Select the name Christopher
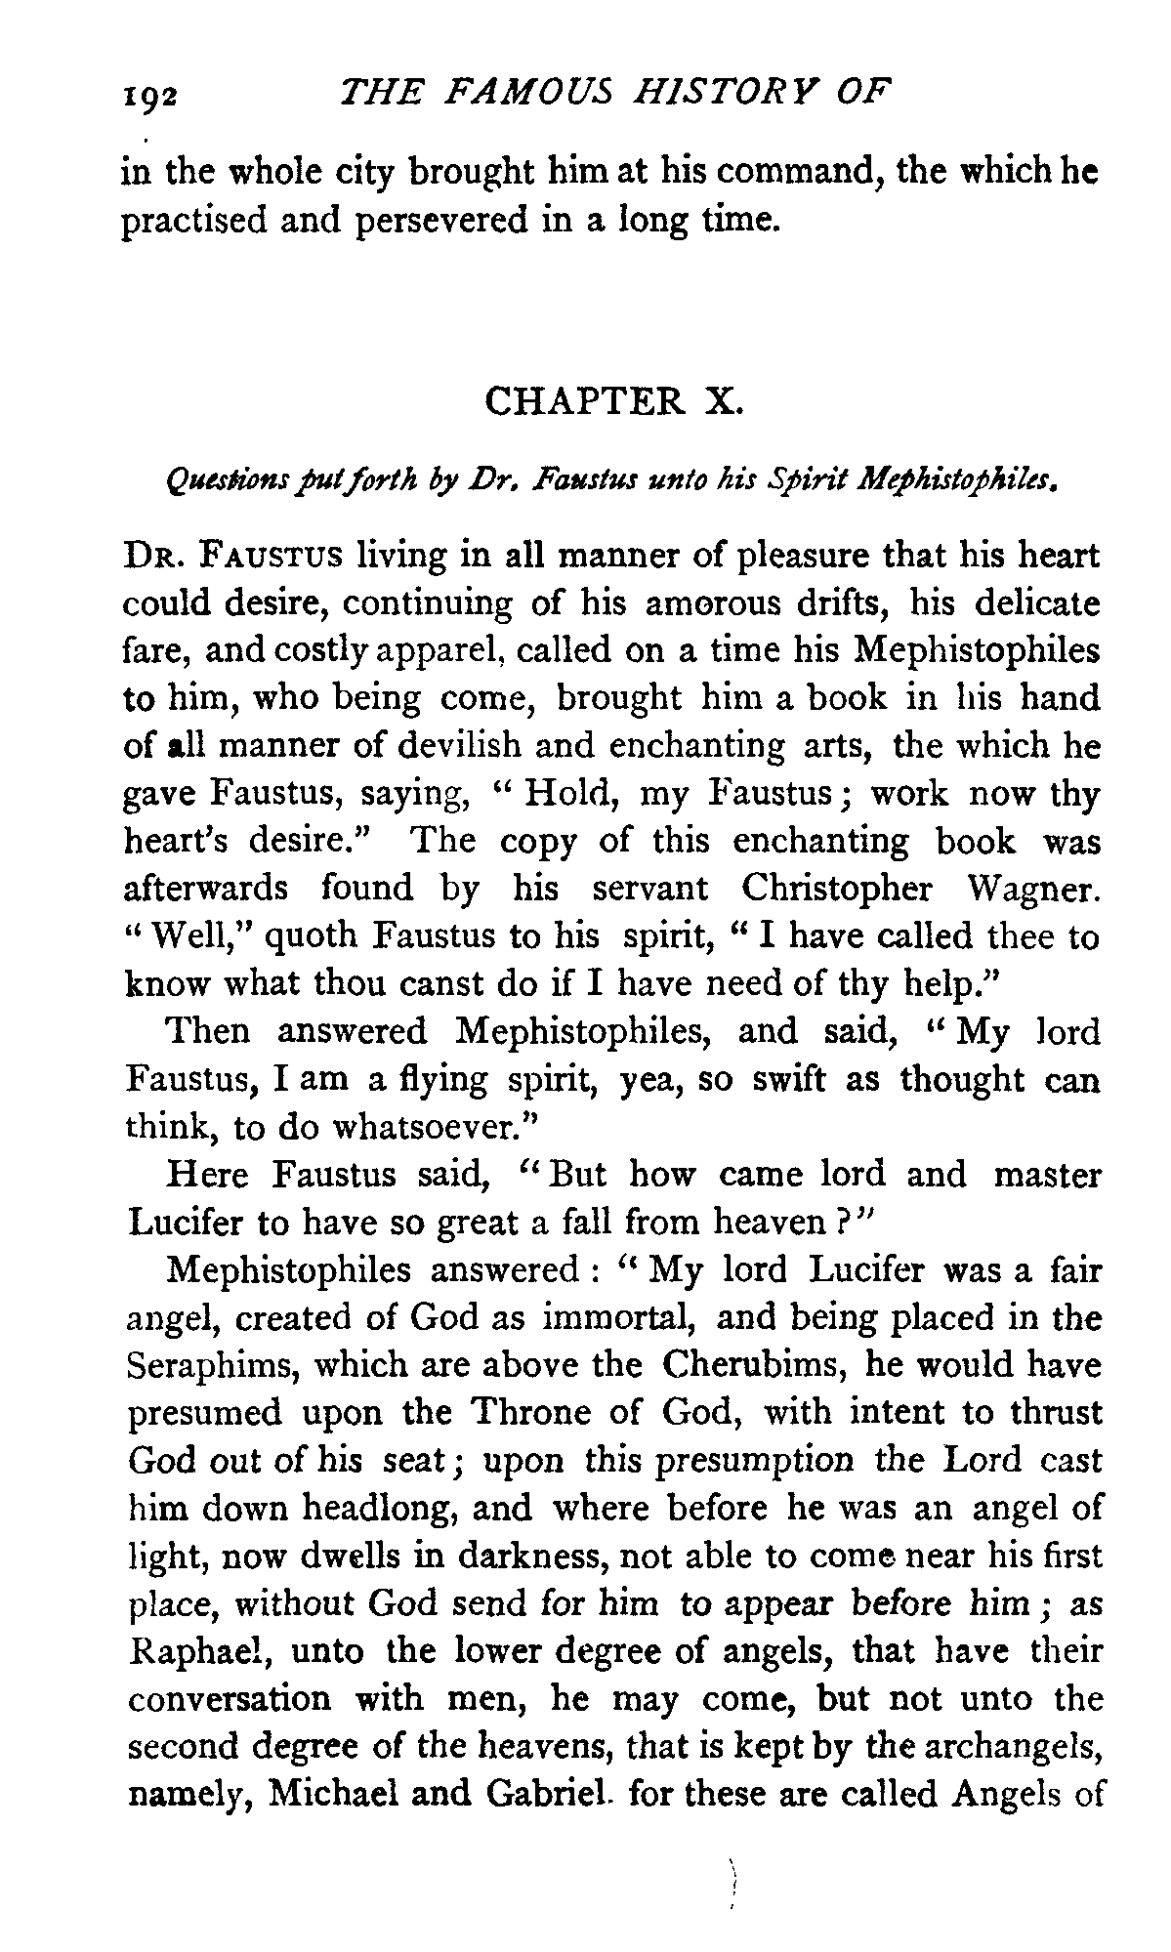(x=835, y=890)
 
